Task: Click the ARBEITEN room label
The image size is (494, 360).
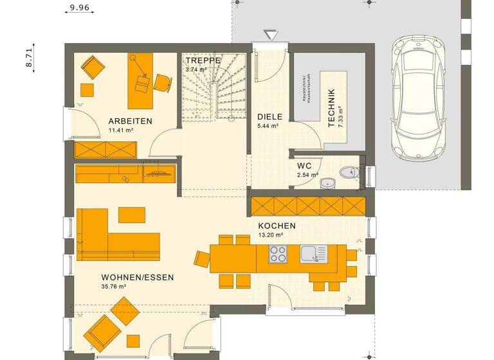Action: (130, 121)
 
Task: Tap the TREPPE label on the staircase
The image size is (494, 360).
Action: (203, 60)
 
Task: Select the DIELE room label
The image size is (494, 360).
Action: (270, 117)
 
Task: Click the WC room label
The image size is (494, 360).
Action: (304, 165)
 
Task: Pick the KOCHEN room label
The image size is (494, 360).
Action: (277, 226)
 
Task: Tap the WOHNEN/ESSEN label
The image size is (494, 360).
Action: (137, 278)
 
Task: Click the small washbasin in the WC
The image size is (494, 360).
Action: (327, 184)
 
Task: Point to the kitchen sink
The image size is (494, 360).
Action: (316, 255)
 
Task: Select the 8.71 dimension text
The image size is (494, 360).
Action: (29, 58)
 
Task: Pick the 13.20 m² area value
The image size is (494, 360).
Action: (270, 235)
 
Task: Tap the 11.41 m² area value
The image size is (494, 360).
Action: (120, 130)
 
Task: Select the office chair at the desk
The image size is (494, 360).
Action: (163, 82)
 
